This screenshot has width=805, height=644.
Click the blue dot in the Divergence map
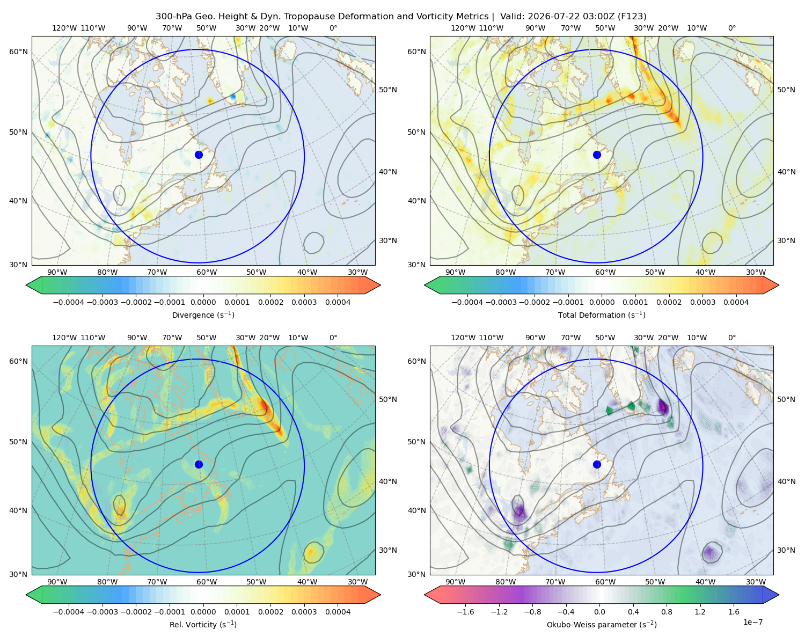pyautogui.click(x=199, y=155)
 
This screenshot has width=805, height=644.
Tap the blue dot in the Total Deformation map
pyautogui.click(x=597, y=155)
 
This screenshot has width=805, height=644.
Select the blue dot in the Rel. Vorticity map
pyautogui.click(x=199, y=464)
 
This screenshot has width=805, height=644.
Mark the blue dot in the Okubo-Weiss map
pyautogui.click(x=597, y=464)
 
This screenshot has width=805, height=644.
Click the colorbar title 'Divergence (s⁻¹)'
pyautogui.click(x=203, y=314)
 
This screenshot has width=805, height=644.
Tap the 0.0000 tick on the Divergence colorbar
pyautogui.click(x=203, y=302)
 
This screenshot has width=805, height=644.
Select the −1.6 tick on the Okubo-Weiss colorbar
pyautogui.click(x=465, y=612)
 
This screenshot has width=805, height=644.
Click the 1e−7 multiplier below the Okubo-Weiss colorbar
pyautogui.click(x=752, y=622)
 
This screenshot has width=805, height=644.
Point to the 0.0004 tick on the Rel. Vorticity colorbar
pyautogui.click(x=338, y=612)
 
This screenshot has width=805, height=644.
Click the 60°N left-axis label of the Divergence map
pyautogui.click(x=18, y=52)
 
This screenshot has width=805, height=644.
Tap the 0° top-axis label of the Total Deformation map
pyautogui.click(x=731, y=28)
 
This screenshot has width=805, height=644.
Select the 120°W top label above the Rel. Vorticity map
pyautogui.click(x=64, y=338)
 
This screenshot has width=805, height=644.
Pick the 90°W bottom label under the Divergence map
pyautogui.click(x=57, y=272)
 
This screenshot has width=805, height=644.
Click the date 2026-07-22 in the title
pyautogui.click(x=525, y=16)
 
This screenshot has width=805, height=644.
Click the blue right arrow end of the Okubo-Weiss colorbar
pyautogui.click(x=771, y=595)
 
